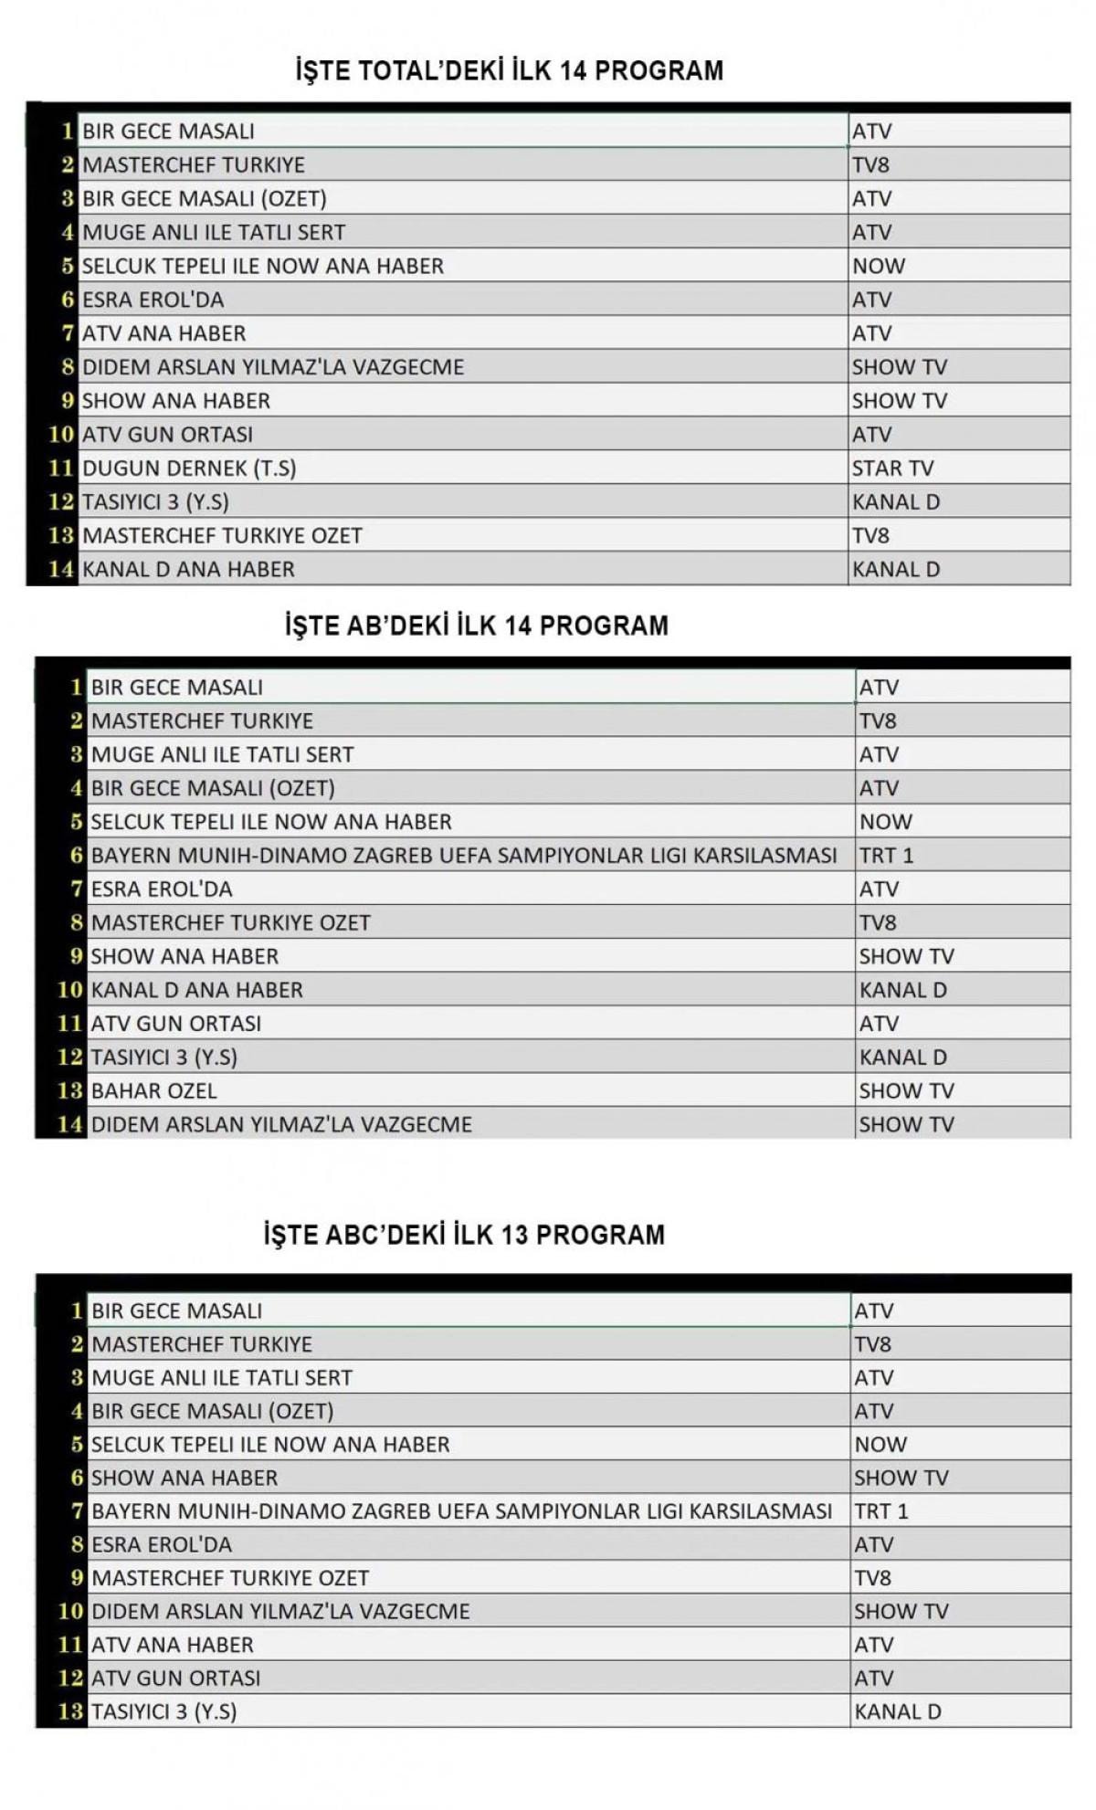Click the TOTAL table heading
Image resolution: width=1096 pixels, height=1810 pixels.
point(509,70)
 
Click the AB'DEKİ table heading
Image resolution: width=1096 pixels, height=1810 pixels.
point(476,626)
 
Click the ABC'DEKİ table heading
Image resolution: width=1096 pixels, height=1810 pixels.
point(464,1235)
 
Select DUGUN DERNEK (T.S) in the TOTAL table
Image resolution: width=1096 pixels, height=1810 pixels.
point(189,468)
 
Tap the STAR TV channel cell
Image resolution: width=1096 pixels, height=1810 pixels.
point(892,468)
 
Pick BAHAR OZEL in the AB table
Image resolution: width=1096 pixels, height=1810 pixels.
point(153,1090)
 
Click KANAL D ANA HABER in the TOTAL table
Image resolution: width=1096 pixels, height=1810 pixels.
point(188,569)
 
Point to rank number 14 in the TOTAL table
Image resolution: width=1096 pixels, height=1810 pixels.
point(60,569)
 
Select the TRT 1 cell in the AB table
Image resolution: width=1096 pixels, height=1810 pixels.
point(886,856)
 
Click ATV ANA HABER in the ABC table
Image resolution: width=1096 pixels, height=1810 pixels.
point(172,1645)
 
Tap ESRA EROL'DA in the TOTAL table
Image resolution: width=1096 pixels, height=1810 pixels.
point(153,300)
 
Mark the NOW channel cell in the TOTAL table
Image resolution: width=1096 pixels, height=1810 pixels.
point(878,266)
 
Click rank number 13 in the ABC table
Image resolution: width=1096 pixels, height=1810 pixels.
point(70,1711)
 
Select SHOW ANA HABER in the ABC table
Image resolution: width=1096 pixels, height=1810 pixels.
point(184,1478)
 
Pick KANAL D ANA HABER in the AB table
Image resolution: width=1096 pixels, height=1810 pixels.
point(196,990)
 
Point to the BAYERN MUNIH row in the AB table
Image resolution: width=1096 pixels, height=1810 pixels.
point(463,856)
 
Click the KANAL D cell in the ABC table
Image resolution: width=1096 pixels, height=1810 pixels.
point(897,1711)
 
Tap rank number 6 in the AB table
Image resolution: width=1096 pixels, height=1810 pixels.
point(77,856)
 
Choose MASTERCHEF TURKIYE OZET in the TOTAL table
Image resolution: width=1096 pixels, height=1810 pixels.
point(222,535)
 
